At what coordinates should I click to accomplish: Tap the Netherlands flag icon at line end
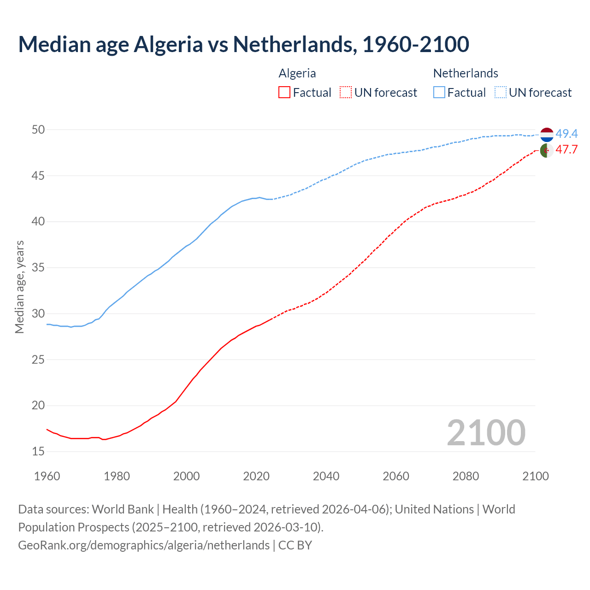pyautogui.click(x=547, y=135)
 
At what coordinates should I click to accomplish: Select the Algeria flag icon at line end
pyautogui.click(x=547, y=150)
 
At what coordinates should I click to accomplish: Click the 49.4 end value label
pyautogui.click(x=566, y=134)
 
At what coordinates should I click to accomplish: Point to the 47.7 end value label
pyautogui.click(x=566, y=150)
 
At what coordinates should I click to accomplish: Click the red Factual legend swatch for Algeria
pyautogui.click(x=284, y=93)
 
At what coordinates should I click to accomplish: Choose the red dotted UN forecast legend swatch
pyautogui.click(x=346, y=93)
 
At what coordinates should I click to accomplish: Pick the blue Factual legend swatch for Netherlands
pyautogui.click(x=439, y=93)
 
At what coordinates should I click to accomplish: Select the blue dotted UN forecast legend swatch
pyautogui.click(x=501, y=93)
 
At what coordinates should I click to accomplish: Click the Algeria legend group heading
pyautogui.click(x=297, y=73)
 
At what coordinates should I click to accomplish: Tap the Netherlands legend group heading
pyautogui.click(x=466, y=73)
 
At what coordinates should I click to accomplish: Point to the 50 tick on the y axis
pyautogui.click(x=38, y=130)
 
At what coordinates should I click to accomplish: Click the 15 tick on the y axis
pyautogui.click(x=38, y=452)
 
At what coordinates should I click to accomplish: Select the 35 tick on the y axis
pyautogui.click(x=38, y=268)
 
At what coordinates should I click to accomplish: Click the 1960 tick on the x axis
pyautogui.click(x=47, y=476)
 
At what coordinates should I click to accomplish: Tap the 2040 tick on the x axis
pyautogui.click(x=326, y=476)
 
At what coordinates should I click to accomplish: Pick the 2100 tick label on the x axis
pyautogui.click(x=535, y=476)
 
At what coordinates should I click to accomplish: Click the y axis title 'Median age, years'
pyautogui.click(x=19, y=287)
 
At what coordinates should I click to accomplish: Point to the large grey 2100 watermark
pyautogui.click(x=486, y=433)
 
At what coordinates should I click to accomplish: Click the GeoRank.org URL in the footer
pyautogui.click(x=144, y=545)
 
